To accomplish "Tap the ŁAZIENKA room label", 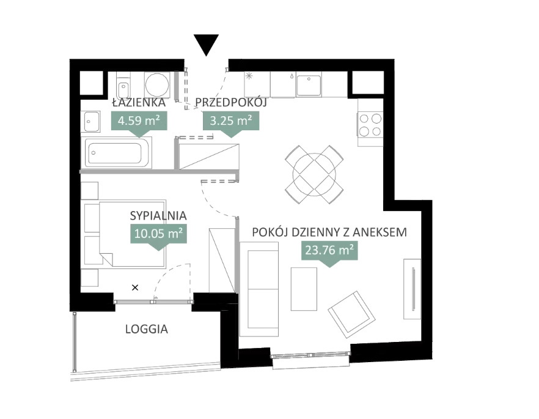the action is point(139,103).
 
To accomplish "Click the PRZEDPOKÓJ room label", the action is point(231,103).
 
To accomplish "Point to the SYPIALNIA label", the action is point(158,216).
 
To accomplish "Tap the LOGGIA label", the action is point(147,329).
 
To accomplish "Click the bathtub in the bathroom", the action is point(116,153).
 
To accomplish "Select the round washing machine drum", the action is point(157,84).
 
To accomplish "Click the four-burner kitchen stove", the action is point(370,125).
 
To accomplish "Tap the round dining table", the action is point(314,174).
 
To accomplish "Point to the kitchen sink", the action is point(309,85).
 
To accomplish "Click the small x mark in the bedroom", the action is point(135,287).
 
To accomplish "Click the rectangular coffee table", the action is point(304,289).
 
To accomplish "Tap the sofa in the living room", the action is point(259,289).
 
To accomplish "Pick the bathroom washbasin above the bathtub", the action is point(90,122).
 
